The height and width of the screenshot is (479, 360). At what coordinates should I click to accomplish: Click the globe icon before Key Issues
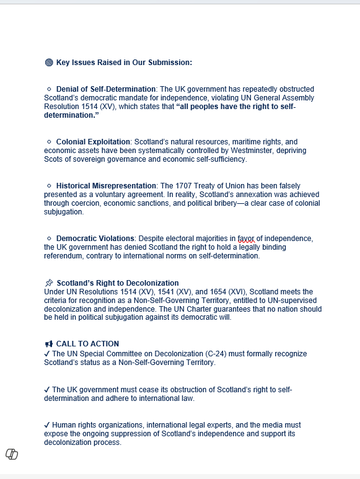[x=49, y=63]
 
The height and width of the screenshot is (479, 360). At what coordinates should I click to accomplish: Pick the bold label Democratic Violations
[x=95, y=239]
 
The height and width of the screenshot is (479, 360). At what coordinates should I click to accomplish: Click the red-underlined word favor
[x=246, y=239]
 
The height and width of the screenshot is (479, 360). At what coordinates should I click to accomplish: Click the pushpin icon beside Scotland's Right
[x=49, y=283]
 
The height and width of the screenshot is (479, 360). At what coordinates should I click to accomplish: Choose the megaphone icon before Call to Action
[x=49, y=344]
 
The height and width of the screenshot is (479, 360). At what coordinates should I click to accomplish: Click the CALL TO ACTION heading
[x=87, y=344]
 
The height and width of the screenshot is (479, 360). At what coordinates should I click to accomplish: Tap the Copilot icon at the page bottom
[x=12, y=454]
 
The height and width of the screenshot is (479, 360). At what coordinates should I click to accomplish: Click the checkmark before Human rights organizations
[x=47, y=425]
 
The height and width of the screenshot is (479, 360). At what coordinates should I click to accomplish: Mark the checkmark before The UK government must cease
[x=47, y=390]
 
